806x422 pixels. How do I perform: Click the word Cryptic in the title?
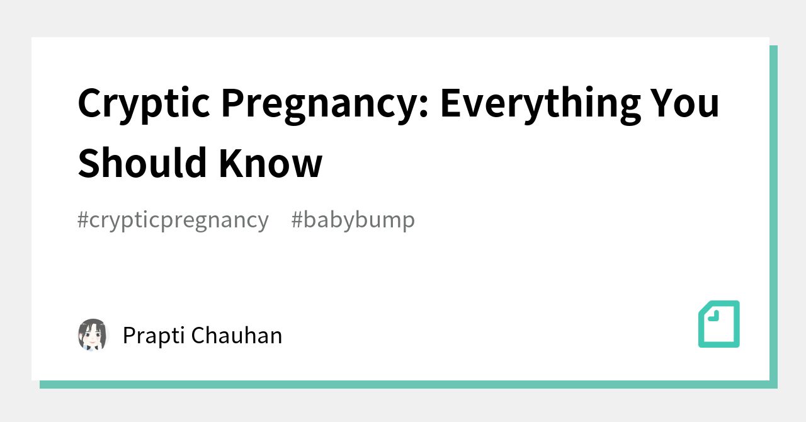[144, 103]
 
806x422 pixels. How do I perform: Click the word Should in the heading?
[142, 163]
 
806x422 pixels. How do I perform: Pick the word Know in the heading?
[271, 163]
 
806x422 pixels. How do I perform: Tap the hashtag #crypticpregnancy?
[173, 220]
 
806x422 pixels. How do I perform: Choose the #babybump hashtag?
[353, 220]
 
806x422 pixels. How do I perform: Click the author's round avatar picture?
[93, 334]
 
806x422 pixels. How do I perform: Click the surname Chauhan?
[237, 335]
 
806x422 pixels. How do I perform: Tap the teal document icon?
[719, 324]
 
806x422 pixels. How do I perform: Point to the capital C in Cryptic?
[90, 103]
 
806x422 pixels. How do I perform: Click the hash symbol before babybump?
[297, 220]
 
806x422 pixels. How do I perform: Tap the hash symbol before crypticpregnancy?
[82, 220]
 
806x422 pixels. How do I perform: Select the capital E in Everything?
[451, 103]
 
